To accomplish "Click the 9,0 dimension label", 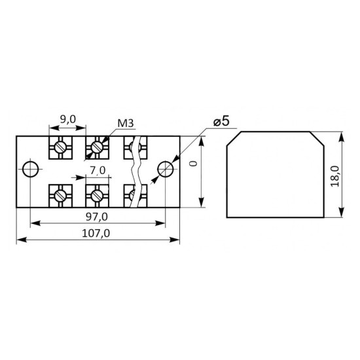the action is click(67, 119).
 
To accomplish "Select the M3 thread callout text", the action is click(126, 124).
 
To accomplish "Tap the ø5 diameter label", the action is click(221, 122).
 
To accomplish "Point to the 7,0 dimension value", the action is click(98, 171).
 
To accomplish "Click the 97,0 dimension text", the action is click(97, 217).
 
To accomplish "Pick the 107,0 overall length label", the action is click(96, 234).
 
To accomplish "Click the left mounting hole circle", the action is click(31, 170).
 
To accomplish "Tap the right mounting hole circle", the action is click(166, 170).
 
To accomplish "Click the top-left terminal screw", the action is click(60, 147).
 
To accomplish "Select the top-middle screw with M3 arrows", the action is click(97, 147).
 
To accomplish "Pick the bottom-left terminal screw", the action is click(60, 196).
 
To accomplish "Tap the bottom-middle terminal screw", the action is click(97, 196).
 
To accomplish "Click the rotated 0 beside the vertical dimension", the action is click(194, 164).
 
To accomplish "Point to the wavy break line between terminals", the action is click(135, 172).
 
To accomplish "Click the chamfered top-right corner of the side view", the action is click(317, 139).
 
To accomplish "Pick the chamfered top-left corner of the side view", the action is click(234, 139).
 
